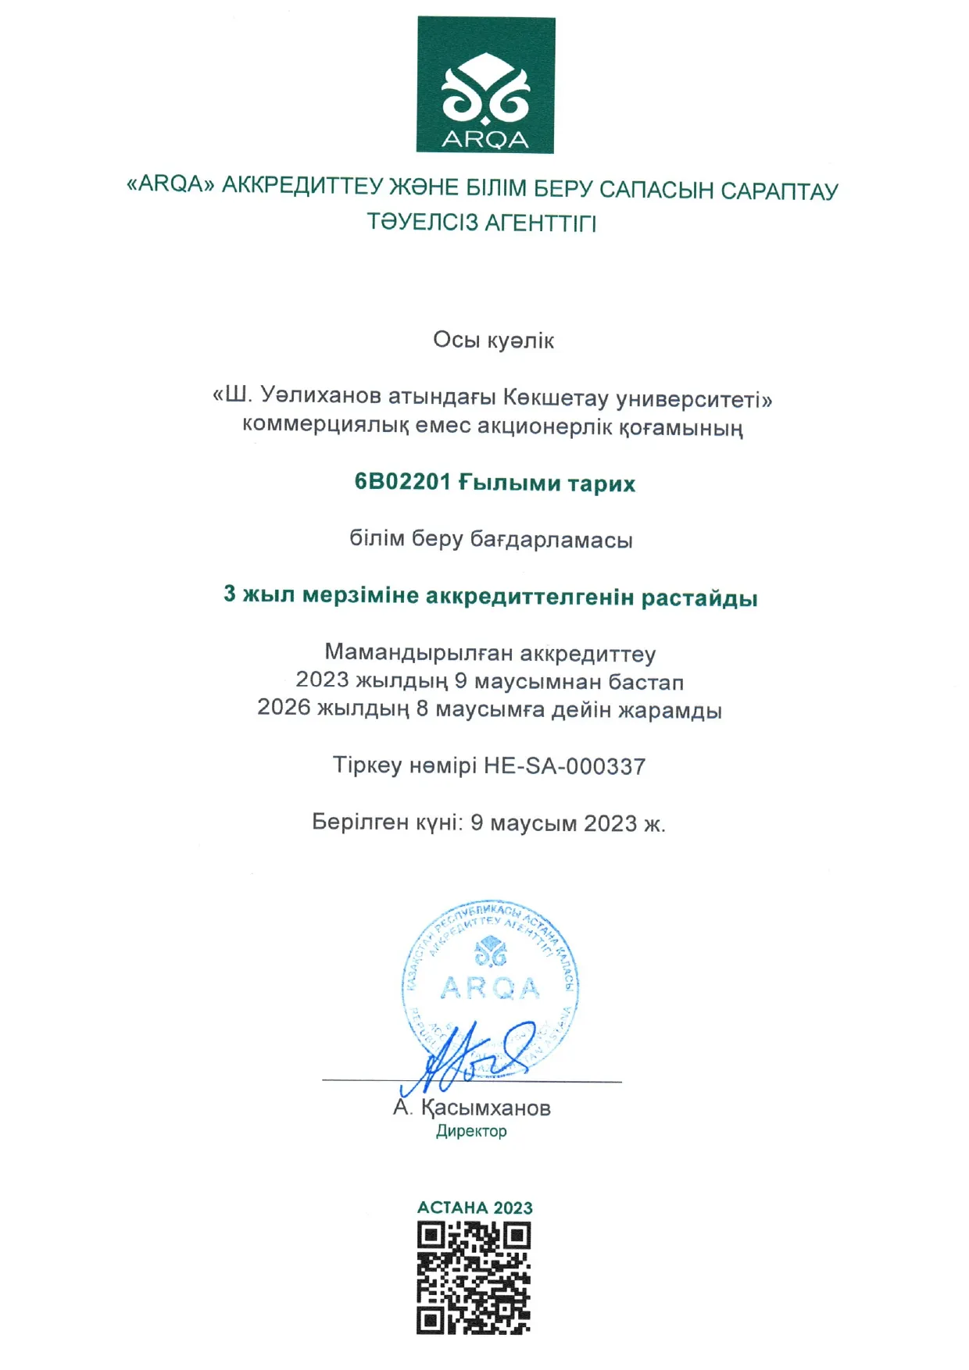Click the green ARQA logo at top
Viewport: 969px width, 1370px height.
coord(485,85)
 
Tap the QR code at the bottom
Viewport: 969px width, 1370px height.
coord(474,1278)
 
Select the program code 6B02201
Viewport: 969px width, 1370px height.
coord(402,482)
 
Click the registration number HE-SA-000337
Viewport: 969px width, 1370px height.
coord(564,766)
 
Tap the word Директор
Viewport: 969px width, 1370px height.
coord(471,1131)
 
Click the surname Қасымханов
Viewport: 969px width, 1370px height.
coord(485,1108)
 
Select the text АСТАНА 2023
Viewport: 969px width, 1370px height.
coord(474,1208)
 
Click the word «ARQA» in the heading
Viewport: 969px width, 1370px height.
coord(170,184)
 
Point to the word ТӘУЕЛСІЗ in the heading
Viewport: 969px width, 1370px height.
coord(422,223)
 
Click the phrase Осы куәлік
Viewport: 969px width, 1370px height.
coord(493,341)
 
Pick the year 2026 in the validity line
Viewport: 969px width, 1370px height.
coord(284,708)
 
